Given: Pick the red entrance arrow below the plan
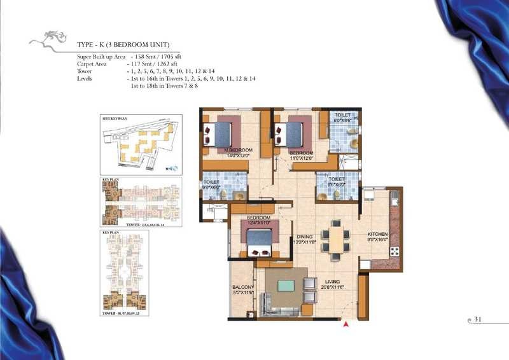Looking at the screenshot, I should point(345,325).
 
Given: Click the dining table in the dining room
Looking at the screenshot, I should point(334,239).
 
